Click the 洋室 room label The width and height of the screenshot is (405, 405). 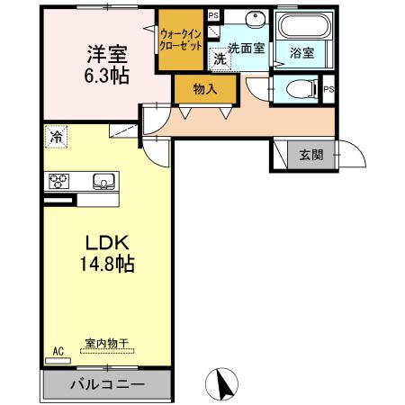coord(106,54)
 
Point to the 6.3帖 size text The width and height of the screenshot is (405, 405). coord(106,76)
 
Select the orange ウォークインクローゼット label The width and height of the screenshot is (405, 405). coord(181,40)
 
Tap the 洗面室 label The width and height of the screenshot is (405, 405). coord(245,48)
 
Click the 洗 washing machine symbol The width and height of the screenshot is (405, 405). coord(220,59)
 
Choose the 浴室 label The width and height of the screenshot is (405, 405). coord(301,53)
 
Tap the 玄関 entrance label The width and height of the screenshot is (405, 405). coord(311,156)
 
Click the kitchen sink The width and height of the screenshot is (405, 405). coord(101,180)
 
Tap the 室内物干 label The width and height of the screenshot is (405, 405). coord(107,343)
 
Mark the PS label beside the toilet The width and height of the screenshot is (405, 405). coord(328,90)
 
